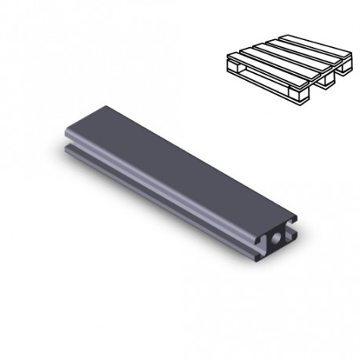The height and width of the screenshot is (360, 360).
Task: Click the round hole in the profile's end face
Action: click(x=279, y=237)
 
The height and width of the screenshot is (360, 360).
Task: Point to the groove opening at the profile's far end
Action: click(x=64, y=148)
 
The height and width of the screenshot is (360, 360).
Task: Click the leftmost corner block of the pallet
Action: click(x=233, y=71)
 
